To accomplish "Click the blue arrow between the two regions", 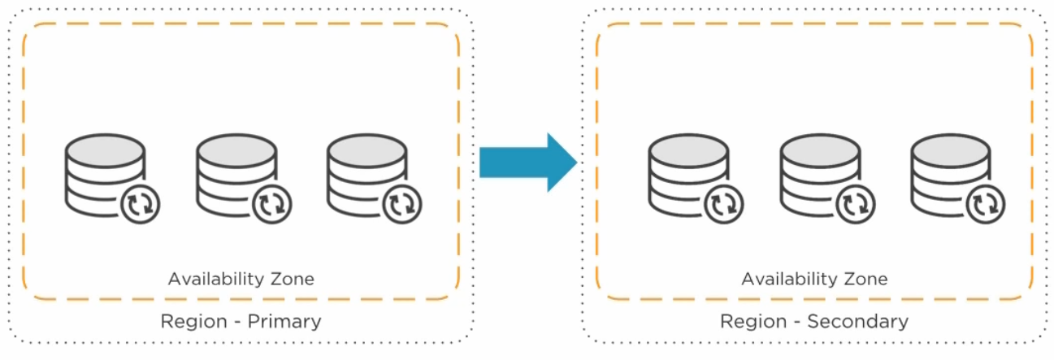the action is point(527,163).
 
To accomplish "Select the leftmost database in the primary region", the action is point(104,171).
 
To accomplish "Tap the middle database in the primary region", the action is point(235,171).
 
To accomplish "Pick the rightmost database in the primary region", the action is point(366,171).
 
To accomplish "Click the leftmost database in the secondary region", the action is point(687,171).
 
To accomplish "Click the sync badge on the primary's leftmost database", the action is point(140,203).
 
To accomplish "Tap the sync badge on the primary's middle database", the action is point(271,203).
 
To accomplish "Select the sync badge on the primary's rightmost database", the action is point(401,203).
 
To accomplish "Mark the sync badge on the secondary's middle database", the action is point(854,203).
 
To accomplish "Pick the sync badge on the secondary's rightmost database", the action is point(985,203).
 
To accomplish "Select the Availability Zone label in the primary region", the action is point(241,280).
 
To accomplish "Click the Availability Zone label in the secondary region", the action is point(814,280).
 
